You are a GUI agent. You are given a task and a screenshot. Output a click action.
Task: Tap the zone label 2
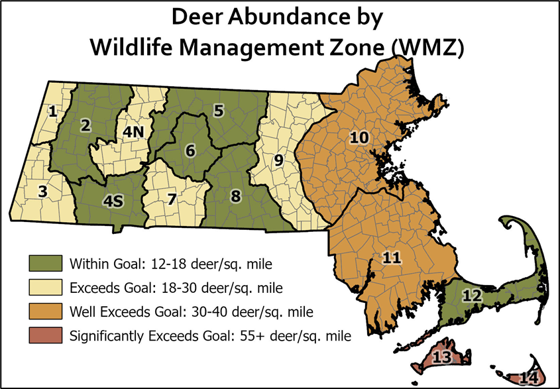click(x=85, y=125)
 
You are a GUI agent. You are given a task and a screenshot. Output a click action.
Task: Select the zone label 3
click(x=43, y=192)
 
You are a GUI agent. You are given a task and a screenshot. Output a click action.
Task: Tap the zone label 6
click(x=190, y=150)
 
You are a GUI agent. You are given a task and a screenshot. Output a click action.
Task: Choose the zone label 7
click(x=172, y=197)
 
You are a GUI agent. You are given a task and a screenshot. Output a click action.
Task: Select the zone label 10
click(x=359, y=137)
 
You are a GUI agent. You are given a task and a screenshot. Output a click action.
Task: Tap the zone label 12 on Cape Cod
click(x=471, y=295)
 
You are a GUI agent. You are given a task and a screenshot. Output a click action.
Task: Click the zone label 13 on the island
click(x=441, y=357)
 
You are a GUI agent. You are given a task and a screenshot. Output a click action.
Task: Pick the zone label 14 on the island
click(x=528, y=378)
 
